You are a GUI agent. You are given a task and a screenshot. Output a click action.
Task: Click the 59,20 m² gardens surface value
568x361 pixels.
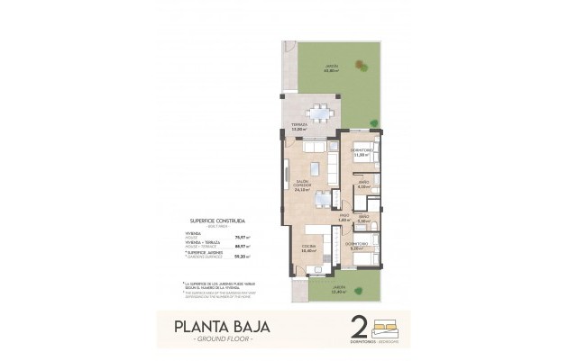tap(239, 255)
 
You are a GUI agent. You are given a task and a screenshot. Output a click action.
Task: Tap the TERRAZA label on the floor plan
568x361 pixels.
tap(299, 127)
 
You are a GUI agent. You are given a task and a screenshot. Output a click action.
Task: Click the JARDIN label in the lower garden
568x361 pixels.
tap(338, 289)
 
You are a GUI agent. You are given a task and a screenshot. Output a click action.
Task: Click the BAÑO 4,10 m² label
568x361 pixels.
tap(362, 185)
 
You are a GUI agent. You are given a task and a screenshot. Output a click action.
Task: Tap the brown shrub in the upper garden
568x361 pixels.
tap(362, 65)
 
